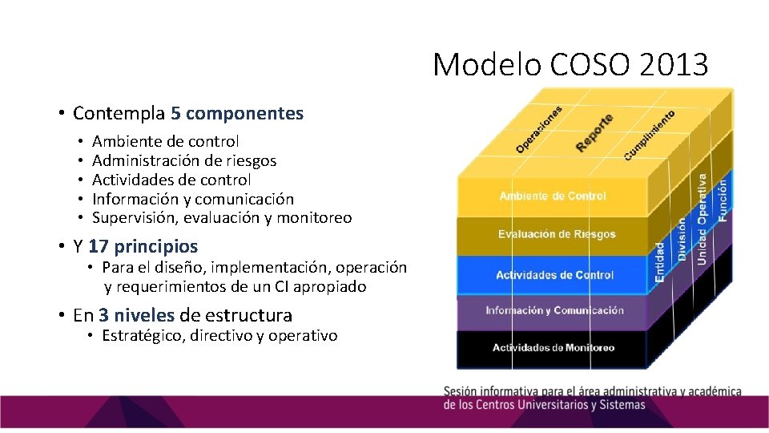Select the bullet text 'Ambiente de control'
[165, 141]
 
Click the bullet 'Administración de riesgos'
[184, 160]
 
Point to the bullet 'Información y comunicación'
[193, 199]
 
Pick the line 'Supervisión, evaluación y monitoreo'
[222, 218]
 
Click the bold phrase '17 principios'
[143, 246]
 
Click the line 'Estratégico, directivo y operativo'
[219, 336]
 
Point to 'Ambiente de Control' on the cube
[553, 196]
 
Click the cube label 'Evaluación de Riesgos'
[557, 234]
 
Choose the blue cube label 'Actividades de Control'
[554, 275]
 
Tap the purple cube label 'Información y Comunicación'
[554, 310]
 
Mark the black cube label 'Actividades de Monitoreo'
[554, 347]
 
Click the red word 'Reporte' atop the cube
[594, 132]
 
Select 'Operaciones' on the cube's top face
[539, 129]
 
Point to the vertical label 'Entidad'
[660, 262]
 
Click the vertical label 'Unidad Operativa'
[702, 221]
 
